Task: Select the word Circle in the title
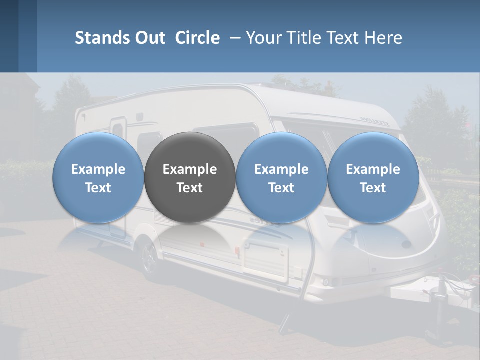coord(197,38)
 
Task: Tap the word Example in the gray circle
coord(190,169)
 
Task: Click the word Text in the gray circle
coord(190,188)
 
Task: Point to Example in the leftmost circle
coord(98,169)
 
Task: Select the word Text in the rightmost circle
coord(373,188)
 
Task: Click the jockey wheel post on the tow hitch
coord(443,305)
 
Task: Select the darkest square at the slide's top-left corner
coord(9,36)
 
